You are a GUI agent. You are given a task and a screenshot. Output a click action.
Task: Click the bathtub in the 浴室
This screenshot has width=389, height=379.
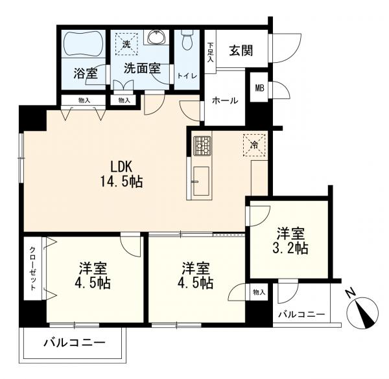83,44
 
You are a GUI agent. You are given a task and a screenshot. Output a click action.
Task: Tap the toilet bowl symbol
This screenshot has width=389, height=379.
186,40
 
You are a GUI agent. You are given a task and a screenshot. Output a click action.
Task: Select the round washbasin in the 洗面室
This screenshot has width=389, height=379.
156,38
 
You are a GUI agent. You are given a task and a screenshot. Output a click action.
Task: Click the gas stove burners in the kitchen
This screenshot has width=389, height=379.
202,146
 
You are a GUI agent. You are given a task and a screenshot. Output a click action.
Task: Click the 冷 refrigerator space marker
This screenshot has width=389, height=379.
254,145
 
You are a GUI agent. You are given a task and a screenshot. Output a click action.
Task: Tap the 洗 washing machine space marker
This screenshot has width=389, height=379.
127,44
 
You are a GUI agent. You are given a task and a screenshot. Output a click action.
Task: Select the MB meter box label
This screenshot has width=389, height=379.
260,88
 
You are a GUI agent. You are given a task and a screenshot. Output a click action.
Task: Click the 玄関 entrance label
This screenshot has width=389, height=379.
241,51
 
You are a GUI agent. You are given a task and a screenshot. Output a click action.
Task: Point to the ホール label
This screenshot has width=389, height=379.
225,100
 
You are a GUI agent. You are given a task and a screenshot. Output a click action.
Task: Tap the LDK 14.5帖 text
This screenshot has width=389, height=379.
121,174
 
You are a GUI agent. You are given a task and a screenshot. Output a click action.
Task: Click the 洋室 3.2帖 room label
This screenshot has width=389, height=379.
290,241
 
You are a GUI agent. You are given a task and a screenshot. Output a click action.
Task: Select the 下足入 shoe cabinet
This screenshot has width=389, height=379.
210,52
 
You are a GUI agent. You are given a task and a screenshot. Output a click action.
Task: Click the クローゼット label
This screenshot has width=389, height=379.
33,268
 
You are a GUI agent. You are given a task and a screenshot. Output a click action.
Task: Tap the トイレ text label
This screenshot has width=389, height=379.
187,76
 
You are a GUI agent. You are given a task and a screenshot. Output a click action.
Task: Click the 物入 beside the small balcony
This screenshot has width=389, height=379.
259,292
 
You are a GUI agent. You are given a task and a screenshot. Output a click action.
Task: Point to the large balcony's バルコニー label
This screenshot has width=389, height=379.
75,343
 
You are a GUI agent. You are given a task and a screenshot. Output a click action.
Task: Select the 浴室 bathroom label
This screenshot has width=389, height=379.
86,73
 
